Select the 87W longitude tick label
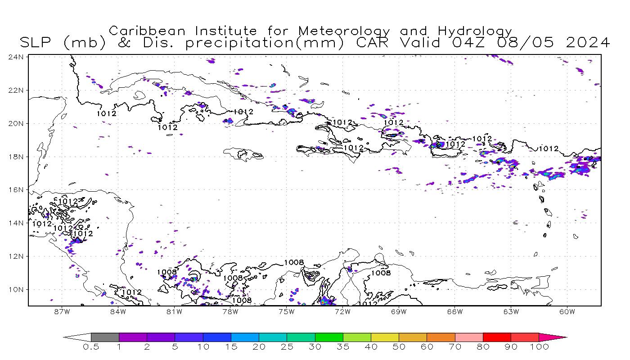tap(62, 311)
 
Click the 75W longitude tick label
tap(287, 311)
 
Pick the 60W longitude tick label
tap(567, 311)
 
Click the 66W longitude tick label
tap(455, 311)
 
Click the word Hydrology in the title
tap(475, 31)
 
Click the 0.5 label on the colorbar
tap(91, 347)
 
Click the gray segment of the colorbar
tap(105, 337)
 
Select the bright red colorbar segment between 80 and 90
tap(497, 337)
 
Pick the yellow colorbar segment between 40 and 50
tap(385, 337)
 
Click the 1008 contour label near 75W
tap(294, 262)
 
